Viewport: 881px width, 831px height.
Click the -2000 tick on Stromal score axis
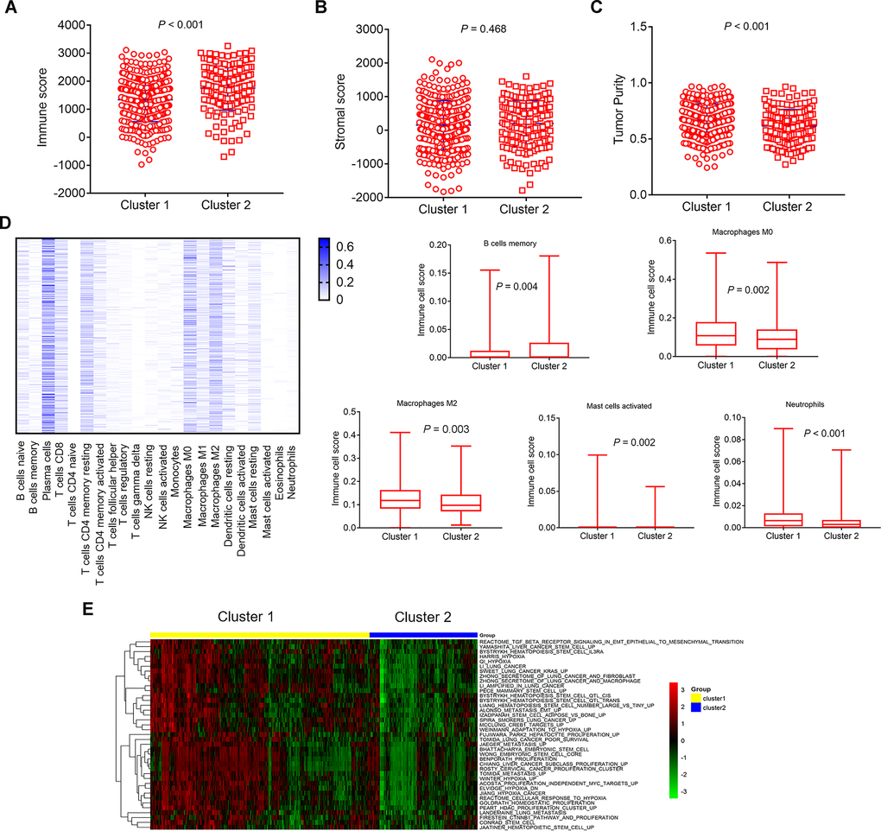pyautogui.click(x=376, y=198)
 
